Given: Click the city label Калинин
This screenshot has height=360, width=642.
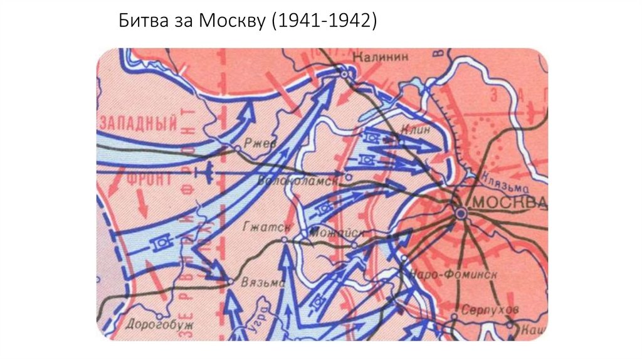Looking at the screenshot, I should [x=381, y=56].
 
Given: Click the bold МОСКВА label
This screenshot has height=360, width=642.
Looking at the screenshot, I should [x=509, y=203].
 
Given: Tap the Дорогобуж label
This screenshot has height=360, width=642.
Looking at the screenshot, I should [x=159, y=325].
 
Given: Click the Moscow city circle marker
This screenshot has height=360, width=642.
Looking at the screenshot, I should [x=461, y=214].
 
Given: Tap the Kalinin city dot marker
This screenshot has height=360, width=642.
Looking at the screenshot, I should [x=345, y=74].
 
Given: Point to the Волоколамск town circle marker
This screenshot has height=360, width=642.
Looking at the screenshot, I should [x=349, y=177].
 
